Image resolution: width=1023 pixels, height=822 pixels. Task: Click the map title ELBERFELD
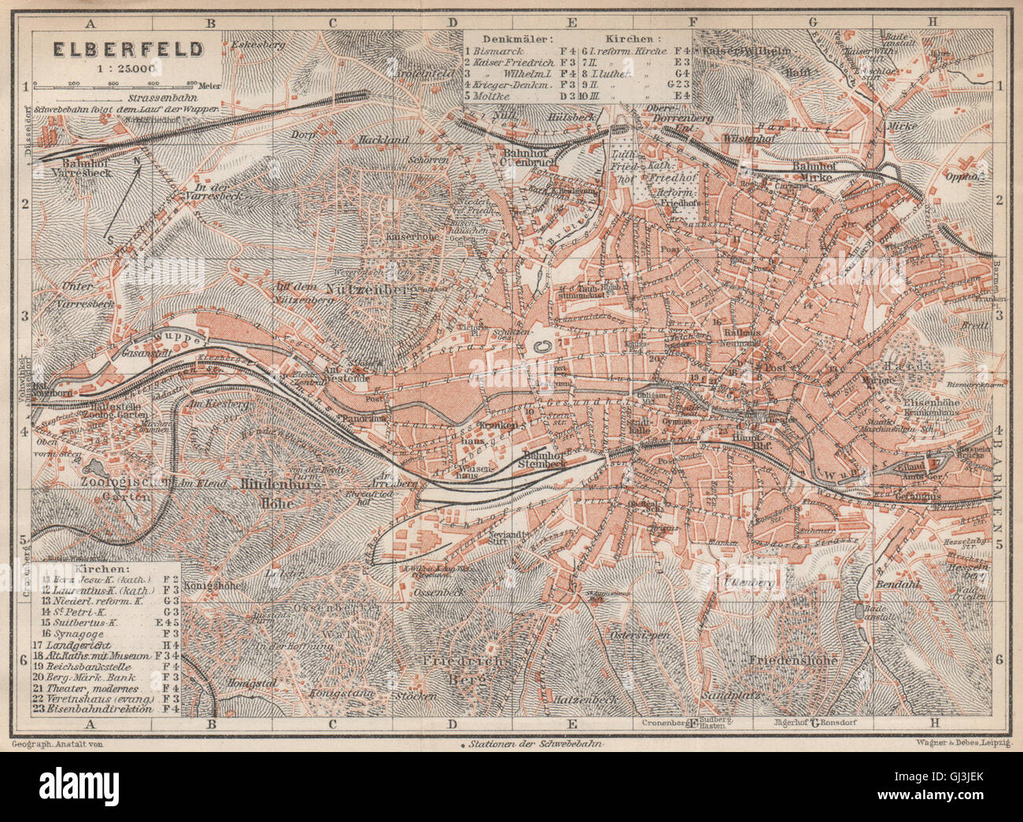(127, 49)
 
